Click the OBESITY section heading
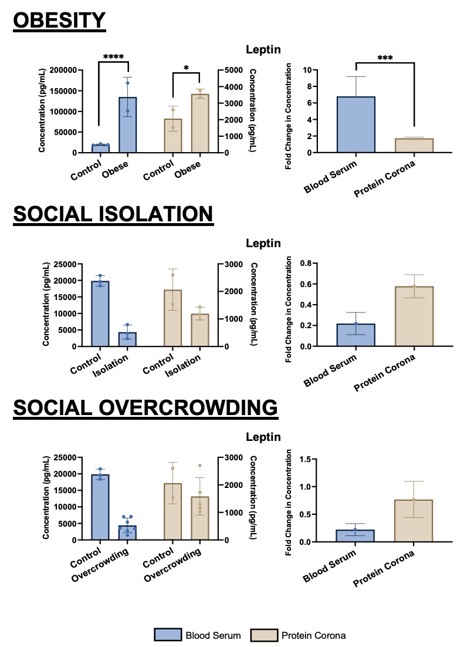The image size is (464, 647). (59, 21)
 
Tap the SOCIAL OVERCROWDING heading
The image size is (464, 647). (145, 407)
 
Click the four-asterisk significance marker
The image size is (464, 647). (113, 57)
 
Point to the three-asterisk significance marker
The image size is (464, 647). (385, 58)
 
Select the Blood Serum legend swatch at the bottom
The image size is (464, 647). (168, 635)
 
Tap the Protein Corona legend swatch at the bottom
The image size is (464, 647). (264, 635)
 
